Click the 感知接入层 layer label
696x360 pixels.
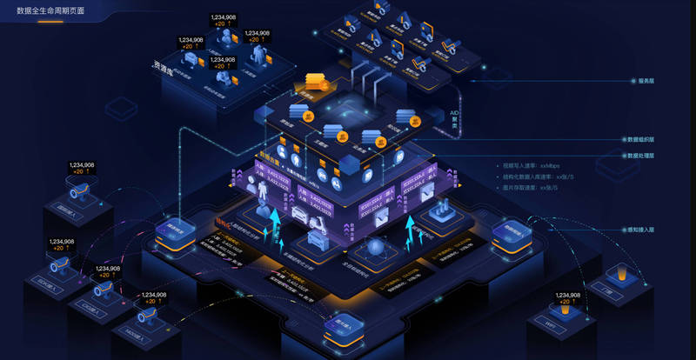pos(640,230)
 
